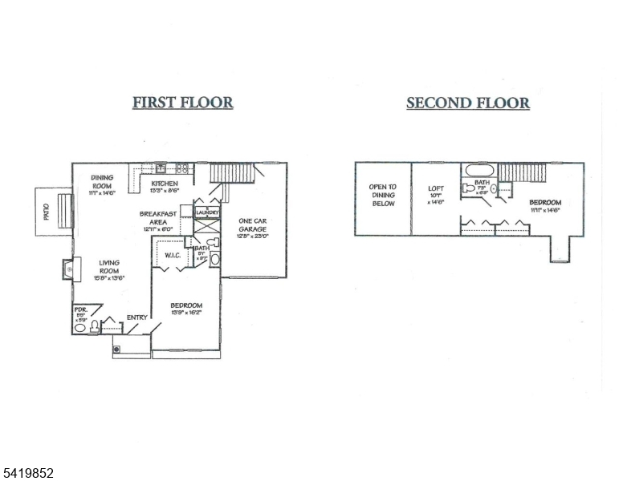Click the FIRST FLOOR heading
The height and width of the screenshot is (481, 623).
click(x=182, y=103)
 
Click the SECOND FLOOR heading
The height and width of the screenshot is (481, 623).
click(x=467, y=103)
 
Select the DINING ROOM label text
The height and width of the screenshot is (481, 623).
click(x=103, y=182)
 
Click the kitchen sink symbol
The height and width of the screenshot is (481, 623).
click(x=161, y=168)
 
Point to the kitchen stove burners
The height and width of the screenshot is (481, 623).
click(x=182, y=168)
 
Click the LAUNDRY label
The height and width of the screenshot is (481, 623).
click(x=207, y=212)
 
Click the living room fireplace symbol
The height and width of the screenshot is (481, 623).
click(x=68, y=269)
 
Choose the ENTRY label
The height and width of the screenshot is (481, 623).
click(x=137, y=317)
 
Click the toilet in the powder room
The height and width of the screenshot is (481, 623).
click(x=94, y=325)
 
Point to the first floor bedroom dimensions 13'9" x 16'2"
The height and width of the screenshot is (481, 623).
click(x=186, y=313)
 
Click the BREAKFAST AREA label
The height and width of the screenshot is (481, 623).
click(x=157, y=218)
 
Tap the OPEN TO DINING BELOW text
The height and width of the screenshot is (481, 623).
click(x=382, y=196)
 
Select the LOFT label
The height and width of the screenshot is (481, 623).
click(x=436, y=190)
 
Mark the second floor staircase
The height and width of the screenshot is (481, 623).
click(x=522, y=172)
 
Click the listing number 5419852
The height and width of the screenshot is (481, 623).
click(x=28, y=473)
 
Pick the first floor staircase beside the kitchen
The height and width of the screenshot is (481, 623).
click(x=232, y=172)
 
